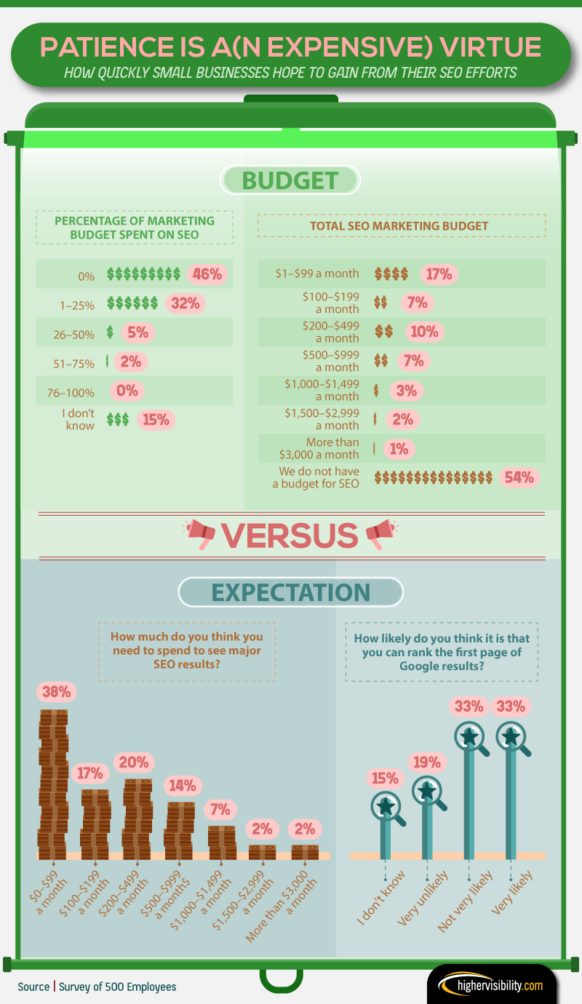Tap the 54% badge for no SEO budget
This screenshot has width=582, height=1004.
[519, 477]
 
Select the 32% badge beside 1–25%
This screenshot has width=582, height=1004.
[186, 303]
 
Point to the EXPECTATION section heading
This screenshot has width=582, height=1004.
[290, 592]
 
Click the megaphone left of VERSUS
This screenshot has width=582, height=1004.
[200, 535]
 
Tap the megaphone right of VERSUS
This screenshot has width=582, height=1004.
[380, 535]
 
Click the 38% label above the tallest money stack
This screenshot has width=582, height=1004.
[55, 692]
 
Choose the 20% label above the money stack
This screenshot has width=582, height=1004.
[133, 763]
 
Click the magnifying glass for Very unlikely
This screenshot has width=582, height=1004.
[428, 792]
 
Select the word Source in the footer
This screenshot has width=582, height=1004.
[33, 987]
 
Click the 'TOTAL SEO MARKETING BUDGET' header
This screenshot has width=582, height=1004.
[399, 226]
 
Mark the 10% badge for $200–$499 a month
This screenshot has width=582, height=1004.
[424, 332]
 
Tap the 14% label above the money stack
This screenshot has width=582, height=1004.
[181, 786]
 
